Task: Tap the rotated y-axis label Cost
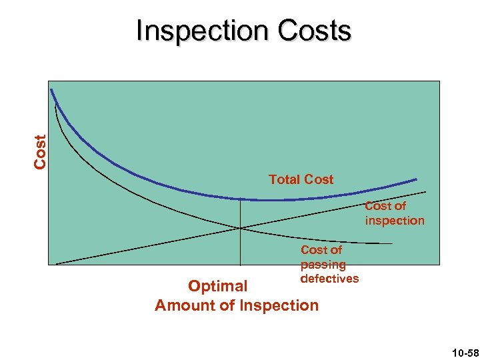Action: pos(40,151)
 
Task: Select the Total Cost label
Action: pos(301,179)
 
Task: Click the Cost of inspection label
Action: pos(394,213)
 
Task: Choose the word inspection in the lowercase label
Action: pos(394,221)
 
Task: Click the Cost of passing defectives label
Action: pos(329,264)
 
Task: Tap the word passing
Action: pos(323,265)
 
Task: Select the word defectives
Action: pos(329,279)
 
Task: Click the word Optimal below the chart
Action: pos(217,286)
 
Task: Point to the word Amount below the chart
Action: pos(185,306)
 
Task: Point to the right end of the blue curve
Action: pos(416,179)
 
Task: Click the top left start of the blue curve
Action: pos(51,91)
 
